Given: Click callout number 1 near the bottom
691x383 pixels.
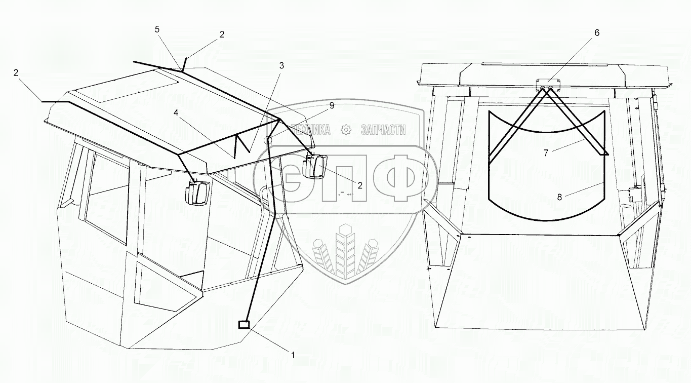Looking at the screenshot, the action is point(292,355).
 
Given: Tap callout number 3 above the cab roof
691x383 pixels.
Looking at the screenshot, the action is point(281,65).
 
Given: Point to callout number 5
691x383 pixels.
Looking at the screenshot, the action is point(157,29).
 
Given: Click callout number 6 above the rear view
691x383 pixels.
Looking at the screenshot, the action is point(596,33).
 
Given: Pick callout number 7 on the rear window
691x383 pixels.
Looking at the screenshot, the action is point(546,152).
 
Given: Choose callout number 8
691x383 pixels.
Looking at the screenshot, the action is point(559,198).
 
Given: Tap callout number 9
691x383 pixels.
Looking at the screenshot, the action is point(332,105).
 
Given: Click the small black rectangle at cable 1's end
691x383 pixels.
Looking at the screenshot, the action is point(244,325).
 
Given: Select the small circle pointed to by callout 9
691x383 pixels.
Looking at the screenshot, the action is point(268,140).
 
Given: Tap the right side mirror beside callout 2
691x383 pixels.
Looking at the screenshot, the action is point(315,167).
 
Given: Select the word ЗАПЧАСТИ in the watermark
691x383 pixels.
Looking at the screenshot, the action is point(383,130).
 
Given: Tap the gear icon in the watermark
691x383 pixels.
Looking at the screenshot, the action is point(346,130).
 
